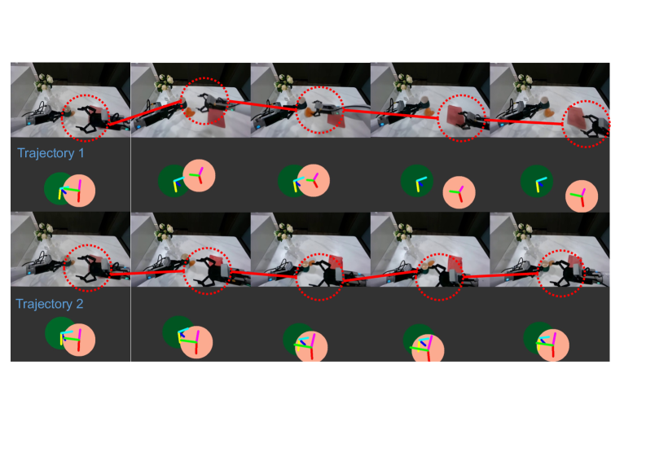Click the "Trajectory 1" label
click(51, 153)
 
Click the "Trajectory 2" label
click(50, 304)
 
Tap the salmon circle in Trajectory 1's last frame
click(582, 196)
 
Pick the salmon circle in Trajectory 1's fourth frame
click(459, 192)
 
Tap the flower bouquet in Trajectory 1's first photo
click(44, 82)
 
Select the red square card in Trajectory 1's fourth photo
click(457, 116)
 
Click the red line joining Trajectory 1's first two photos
click(145, 112)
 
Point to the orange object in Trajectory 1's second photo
click(190, 112)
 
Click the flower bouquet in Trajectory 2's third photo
click(283, 232)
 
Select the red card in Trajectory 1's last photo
click(577, 116)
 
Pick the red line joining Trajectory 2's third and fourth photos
click(380, 276)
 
